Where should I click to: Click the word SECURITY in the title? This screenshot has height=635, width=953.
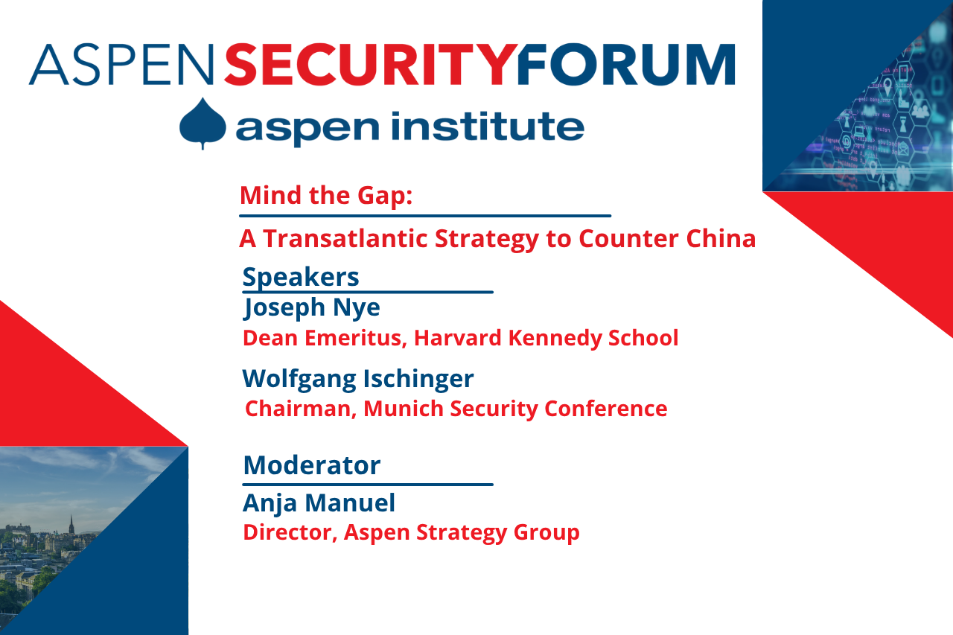(370, 65)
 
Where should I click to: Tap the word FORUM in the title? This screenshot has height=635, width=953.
(625, 65)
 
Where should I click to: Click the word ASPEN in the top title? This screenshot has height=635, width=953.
(121, 65)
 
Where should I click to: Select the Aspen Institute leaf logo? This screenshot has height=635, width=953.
(203, 124)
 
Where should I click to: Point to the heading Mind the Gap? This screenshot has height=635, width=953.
(326, 196)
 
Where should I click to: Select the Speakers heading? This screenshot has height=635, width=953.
(301, 277)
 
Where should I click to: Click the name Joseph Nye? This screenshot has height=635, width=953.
(311, 307)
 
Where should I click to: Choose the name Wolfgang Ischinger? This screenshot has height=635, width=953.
(357, 378)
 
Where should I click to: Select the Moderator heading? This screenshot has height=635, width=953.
(311, 465)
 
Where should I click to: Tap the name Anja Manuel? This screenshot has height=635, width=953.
(319, 503)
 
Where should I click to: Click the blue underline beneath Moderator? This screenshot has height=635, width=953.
(368, 485)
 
